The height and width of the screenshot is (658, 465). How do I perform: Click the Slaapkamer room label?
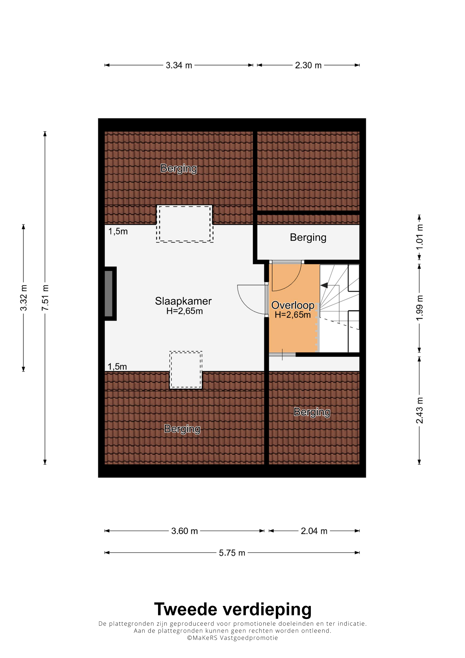tap(183, 301)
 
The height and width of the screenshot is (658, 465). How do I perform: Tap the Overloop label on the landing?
tap(293, 305)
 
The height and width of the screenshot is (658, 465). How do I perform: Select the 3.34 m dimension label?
tap(179, 65)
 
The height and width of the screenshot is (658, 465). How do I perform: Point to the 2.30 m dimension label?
tap(308, 65)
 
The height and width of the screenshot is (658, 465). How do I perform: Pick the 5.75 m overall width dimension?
tap(232, 553)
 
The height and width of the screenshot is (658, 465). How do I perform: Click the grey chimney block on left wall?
tap(108, 294)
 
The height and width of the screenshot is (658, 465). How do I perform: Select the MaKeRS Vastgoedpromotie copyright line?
tap(232, 638)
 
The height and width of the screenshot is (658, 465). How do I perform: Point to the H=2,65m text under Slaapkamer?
tap(184, 311)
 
